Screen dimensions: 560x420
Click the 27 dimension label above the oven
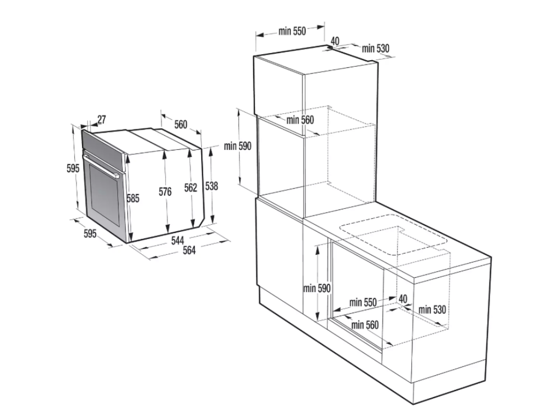tap(101, 119)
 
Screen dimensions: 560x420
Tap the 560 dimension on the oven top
tap(180, 124)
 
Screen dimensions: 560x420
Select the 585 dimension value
tap(133, 198)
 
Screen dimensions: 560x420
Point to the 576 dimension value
tap(165, 192)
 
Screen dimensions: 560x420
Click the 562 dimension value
tap(191, 188)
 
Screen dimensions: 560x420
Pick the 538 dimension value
tap(212, 186)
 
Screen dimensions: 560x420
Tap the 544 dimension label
tap(178, 241)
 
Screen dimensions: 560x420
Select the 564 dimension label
tap(189, 250)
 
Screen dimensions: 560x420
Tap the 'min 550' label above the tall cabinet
tap(292, 31)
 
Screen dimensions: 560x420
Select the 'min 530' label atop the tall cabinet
tap(375, 48)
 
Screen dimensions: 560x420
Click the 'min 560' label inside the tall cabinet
tap(300, 120)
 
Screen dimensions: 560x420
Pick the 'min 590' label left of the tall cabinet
tap(237, 146)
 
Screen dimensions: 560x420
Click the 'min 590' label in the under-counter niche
tap(317, 288)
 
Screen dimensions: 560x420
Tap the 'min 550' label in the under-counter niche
tap(363, 302)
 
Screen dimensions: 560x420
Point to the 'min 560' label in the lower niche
tap(365, 325)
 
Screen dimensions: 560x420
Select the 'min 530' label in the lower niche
tap(432, 310)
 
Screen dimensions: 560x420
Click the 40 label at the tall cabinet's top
tap(335, 41)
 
